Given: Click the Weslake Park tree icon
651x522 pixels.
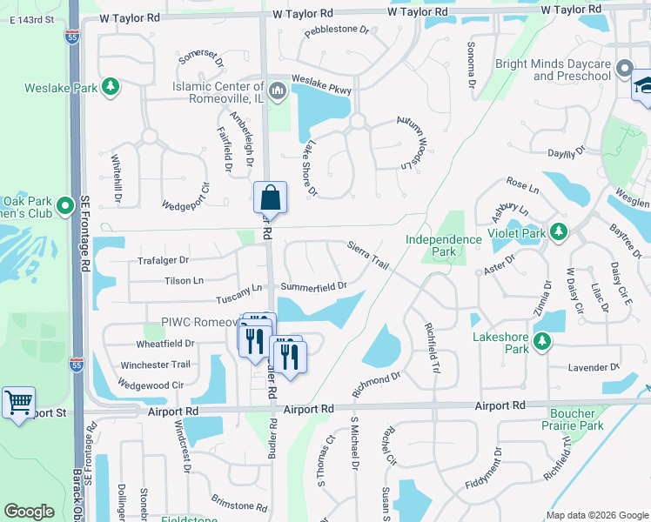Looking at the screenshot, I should [111, 86].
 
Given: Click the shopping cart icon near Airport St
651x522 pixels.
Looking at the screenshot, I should [18, 403].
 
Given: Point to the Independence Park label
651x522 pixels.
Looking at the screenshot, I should [443, 245].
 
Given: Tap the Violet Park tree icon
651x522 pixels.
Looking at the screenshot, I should [558, 232].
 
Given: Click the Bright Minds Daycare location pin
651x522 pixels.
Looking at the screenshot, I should [624, 69].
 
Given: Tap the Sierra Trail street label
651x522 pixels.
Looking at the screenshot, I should [367, 254].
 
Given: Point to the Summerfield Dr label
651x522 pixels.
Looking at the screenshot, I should [314, 286].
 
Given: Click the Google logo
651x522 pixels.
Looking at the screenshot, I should [29, 512].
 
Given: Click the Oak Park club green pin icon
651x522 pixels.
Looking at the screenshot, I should [64, 207].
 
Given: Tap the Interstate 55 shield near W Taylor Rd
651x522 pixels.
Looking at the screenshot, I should [69, 37].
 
